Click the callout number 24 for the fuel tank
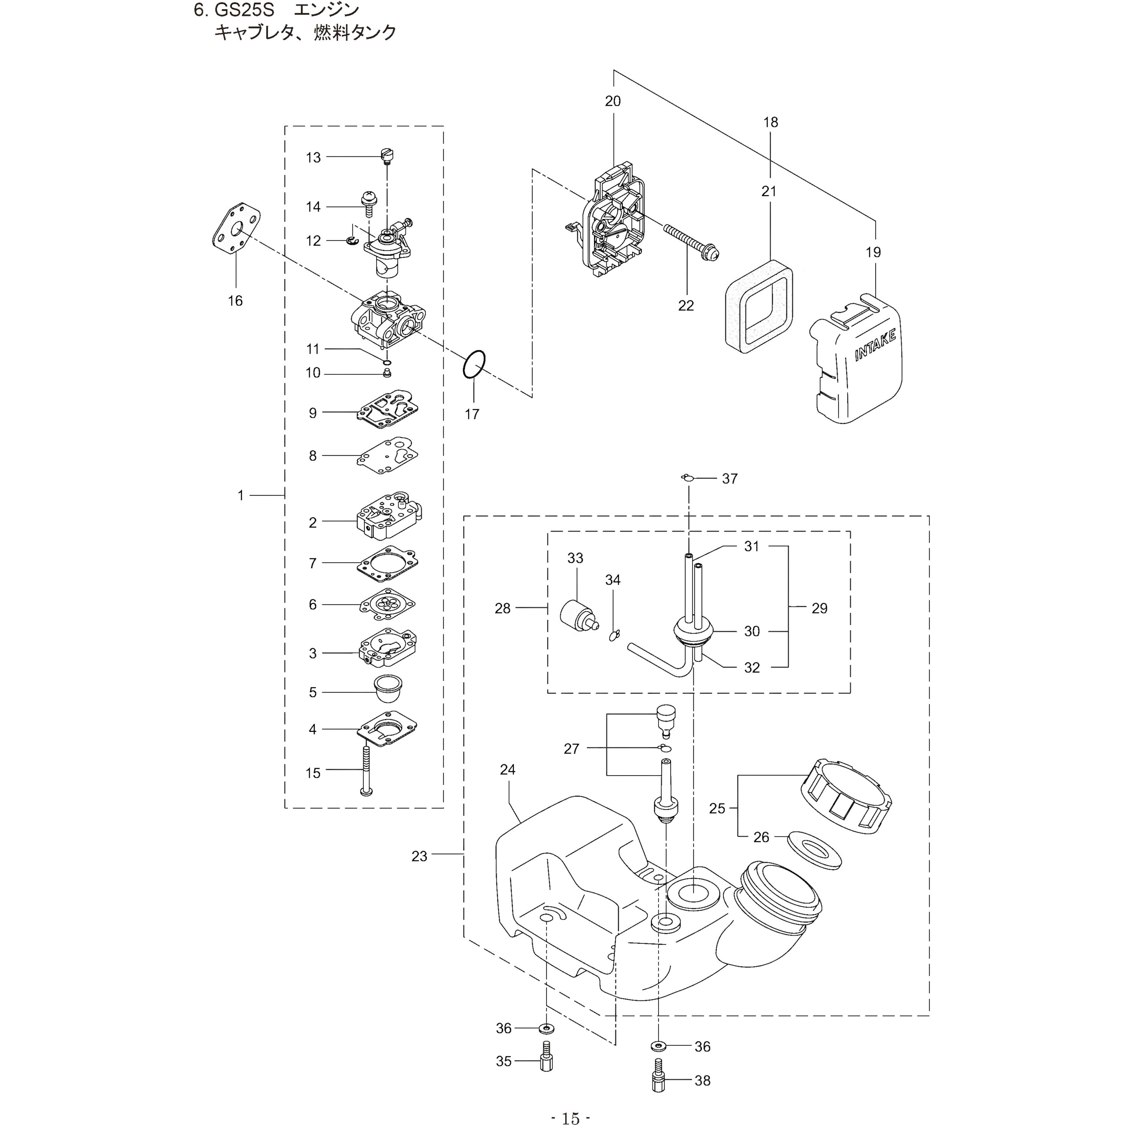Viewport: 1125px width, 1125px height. point(508,770)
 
